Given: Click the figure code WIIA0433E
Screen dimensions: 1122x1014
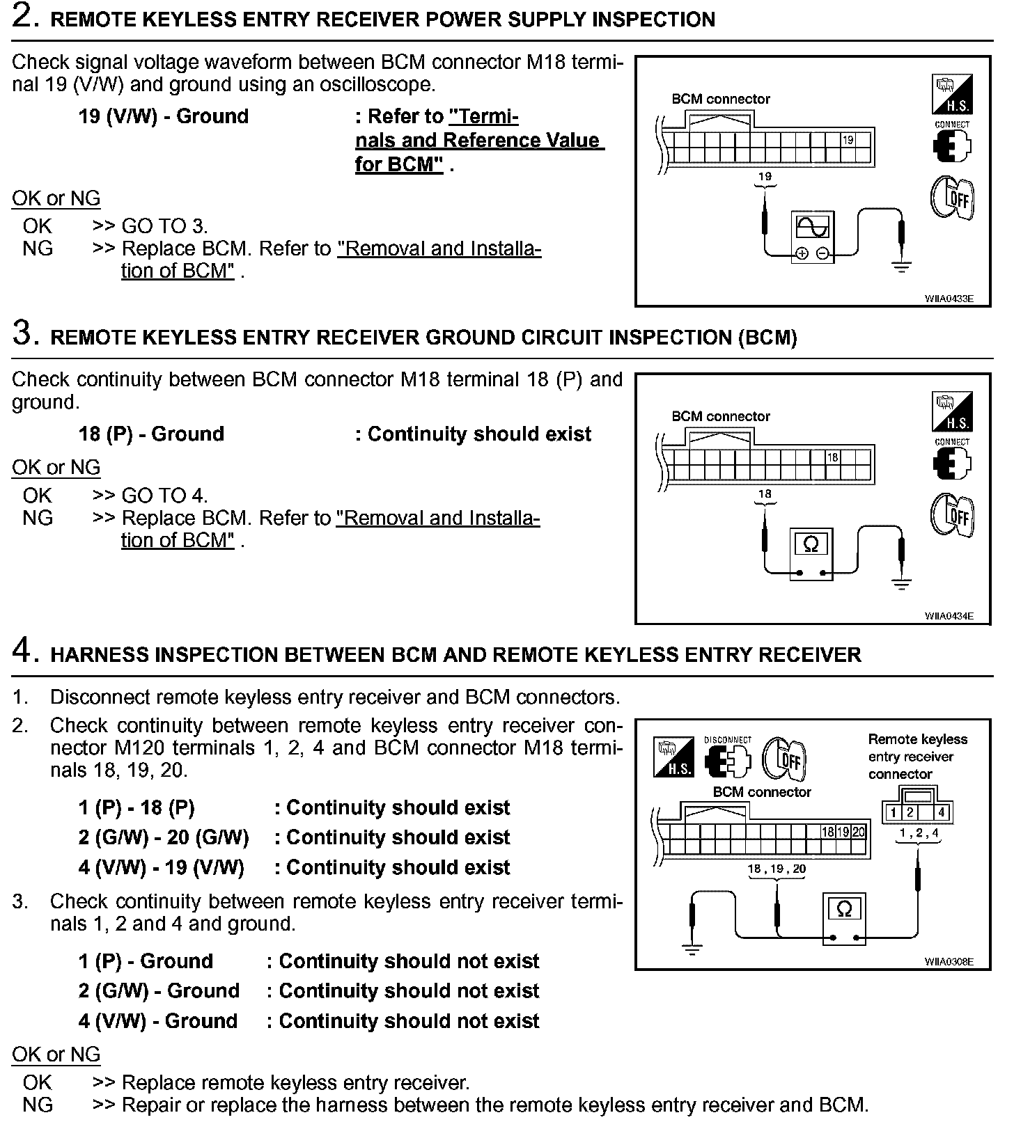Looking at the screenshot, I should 949,299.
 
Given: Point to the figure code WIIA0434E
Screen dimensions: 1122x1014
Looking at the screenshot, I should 949,616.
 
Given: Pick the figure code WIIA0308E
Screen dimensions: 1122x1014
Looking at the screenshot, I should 949,962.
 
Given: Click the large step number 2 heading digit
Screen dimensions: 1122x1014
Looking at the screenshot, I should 25,17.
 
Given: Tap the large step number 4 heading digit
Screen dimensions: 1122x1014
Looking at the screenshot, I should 24,651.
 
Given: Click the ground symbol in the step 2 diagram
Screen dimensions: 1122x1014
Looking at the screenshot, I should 902,267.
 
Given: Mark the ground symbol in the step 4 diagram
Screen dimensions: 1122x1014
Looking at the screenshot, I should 692,949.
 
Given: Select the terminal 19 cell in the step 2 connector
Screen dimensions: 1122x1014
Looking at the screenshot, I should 848,140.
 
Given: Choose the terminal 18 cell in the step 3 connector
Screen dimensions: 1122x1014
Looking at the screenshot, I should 833,457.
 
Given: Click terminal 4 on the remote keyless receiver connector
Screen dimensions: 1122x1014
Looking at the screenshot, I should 941,812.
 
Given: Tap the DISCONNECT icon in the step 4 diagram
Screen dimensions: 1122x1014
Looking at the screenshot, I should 728,758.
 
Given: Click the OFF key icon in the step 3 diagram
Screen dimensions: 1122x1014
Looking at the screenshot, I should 952,516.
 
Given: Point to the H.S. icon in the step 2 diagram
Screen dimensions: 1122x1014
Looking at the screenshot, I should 951,95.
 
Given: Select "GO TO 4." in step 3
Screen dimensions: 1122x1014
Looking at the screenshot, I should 164,496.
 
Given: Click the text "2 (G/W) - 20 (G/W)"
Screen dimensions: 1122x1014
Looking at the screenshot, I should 164,837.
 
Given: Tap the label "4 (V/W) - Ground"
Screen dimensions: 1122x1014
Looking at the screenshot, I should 158,1021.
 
